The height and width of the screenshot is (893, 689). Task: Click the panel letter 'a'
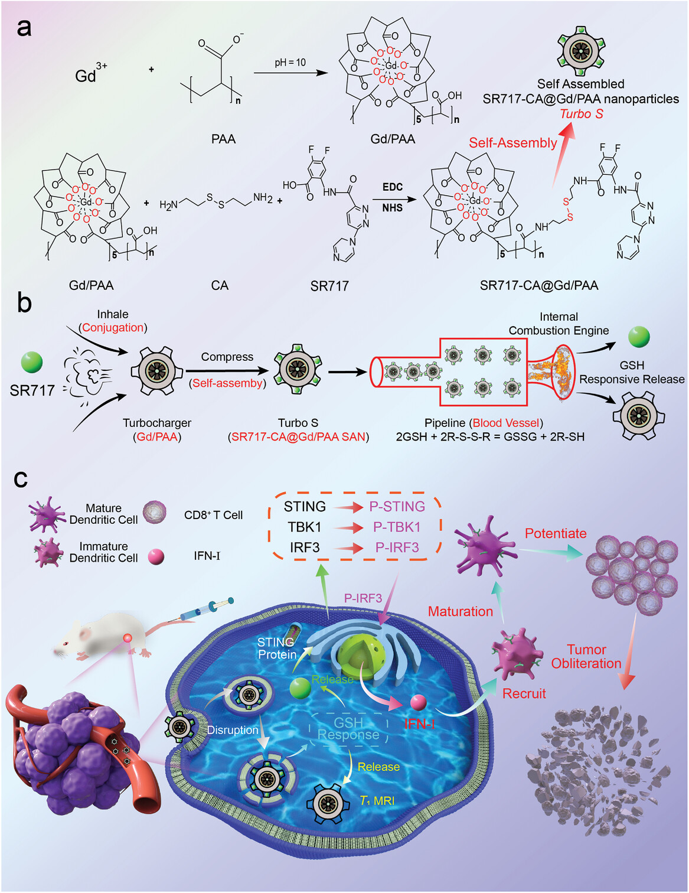click(x=24, y=27)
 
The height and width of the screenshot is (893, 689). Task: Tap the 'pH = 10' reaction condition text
click(x=290, y=62)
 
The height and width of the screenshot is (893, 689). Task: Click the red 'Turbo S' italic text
click(x=581, y=114)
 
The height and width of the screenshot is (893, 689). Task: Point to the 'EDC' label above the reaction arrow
click(x=392, y=187)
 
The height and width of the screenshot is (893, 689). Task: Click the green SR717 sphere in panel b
click(x=32, y=362)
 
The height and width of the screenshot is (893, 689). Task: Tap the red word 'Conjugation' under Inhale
click(x=113, y=328)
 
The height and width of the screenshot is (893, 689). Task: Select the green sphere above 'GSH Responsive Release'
click(x=639, y=337)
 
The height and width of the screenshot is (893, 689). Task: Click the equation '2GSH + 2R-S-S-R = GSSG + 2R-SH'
click(x=489, y=437)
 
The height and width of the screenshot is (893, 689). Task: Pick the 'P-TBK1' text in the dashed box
click(x=397, y=527)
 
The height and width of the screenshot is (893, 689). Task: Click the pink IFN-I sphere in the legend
click(x=156, y=556)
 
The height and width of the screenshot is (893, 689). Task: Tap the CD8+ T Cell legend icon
click(x=155, y=513)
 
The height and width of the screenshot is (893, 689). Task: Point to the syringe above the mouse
click(x=207, y=609)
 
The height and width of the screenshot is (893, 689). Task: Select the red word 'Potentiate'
click(x=556, y=533)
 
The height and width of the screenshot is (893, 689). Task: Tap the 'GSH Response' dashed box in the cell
click(x=348, y=729)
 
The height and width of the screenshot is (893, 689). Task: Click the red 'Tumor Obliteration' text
click(x=586, y=657)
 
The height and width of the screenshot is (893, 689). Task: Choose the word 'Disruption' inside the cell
click(x=232, y=730)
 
